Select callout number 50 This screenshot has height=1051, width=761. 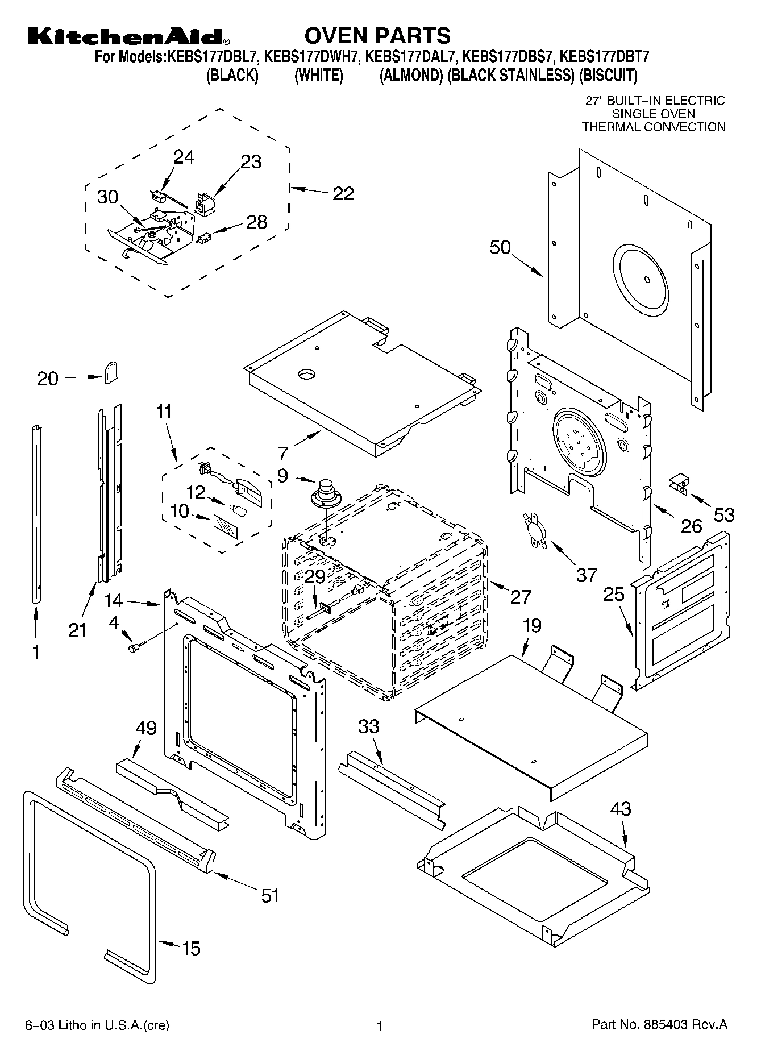click(x=500, y=248)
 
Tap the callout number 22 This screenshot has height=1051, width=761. click(x=343, y=194)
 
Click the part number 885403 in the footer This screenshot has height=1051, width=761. click(x=666, y=1024)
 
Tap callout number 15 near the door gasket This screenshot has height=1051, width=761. click(x=191, y=948)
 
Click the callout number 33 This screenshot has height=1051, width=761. click(x=369, y=726)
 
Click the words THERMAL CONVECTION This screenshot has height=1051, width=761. click(x=654, y=127)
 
